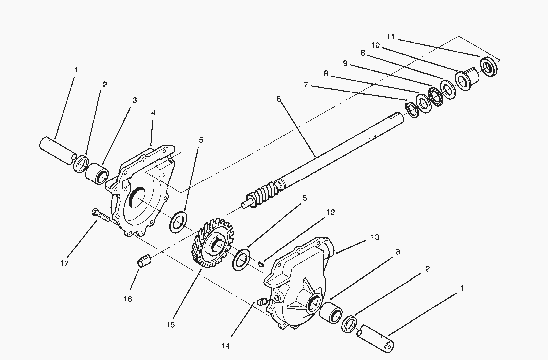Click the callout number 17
(x=64, y=263)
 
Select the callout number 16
(x=128, y=299)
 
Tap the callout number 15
(x=170, y=324)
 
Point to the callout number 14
(x=226, y=346)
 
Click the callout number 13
(x=375, y=237)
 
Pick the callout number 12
(x=331, y=212)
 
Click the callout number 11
(x=391, y=36)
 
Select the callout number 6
(x=278, y=99)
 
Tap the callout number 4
(x=153, y=112)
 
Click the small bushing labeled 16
(x=144, y=261)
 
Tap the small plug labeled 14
(x=262, y=301)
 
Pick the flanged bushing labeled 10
(x=466, y=78)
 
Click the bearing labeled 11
(x=489, y=66)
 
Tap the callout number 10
(x=375, y=45)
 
